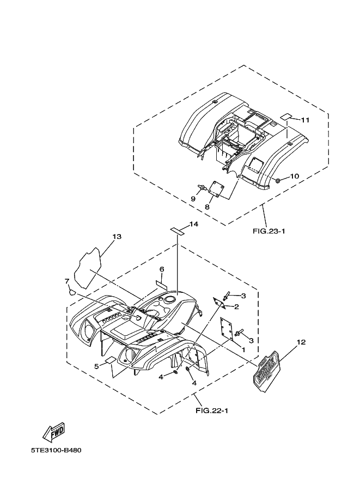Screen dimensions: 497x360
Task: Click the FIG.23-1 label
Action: click(x=269, y=231)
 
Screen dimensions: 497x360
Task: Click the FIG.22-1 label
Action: click(x=212, y=410)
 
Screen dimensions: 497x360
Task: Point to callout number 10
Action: click(x=294, y=176)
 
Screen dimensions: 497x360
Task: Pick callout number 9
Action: click(x=193, y=199)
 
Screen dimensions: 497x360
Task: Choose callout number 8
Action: click(x=208, y=207)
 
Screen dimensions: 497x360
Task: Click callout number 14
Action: click(x=194, y=225)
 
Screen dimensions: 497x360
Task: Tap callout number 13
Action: click(x=117, y=237)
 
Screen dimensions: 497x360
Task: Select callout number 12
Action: click(x=301, y=342)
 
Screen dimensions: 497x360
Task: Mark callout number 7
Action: click(x=67, y=281)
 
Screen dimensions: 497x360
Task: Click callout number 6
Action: click(x=162, y=269)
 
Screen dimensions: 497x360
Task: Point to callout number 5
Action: click(x=96, y=366)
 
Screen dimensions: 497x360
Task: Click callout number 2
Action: click(x=236, y=306)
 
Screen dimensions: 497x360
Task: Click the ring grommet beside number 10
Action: click(x=278, y=180)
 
